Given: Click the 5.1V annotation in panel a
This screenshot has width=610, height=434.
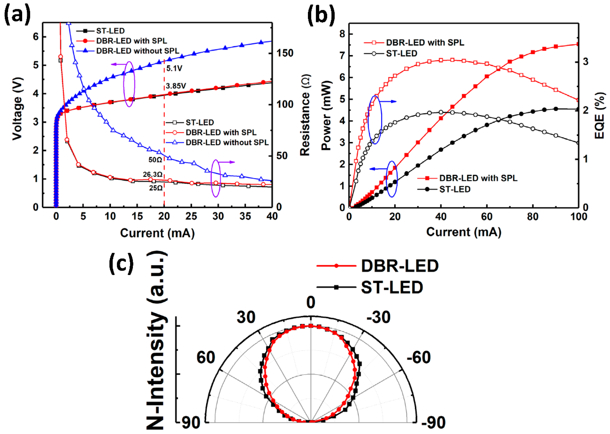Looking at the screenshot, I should [x=174, y=68].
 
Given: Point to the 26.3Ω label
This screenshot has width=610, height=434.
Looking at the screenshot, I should [x=152, y=174].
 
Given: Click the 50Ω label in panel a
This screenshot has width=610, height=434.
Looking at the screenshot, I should [x=155, y=160].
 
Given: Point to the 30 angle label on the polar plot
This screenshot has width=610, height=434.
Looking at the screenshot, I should [x=246, y=317].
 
